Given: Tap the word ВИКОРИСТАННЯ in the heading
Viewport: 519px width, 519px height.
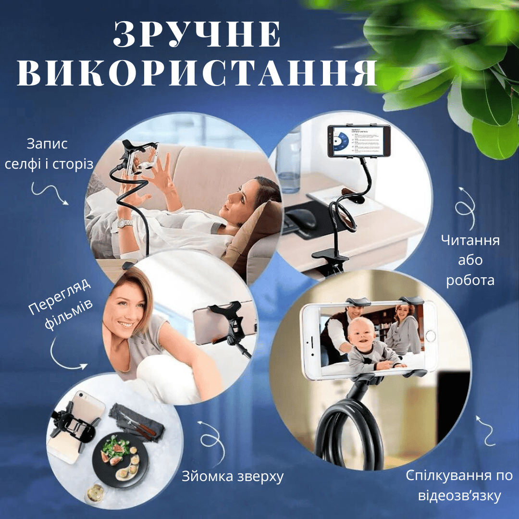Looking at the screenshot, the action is [198, 73].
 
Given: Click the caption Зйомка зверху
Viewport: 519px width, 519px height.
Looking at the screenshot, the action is [233, 477].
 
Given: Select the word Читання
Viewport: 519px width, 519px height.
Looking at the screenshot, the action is [470, 240].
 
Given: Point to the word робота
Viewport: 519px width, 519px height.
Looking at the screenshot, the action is [470, 280].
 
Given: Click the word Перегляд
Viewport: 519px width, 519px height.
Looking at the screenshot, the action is [60, 296].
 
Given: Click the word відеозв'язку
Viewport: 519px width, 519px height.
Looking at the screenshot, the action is [459, 496].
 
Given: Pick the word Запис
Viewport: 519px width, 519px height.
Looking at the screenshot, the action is [47, 144].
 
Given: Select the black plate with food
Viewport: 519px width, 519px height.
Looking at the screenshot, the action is [120, 459].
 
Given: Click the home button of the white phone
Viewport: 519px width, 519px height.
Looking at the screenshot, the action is [430, 336].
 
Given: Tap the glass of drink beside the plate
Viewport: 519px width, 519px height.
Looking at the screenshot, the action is [95, 493].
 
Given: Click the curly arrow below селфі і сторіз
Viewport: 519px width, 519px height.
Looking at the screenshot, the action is [50, 193].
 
